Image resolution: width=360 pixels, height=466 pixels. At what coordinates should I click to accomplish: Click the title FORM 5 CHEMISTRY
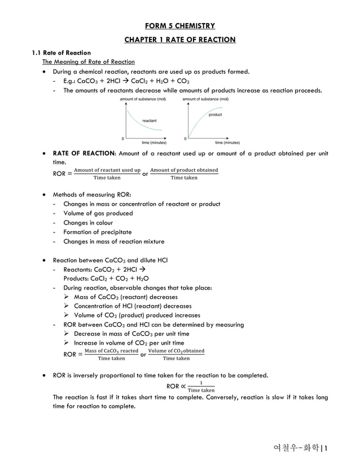pyautogui.click(x=179, y=26)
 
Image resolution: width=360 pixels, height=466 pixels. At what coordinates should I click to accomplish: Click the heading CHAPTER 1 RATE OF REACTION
pyautogui.click(x=179, y=39)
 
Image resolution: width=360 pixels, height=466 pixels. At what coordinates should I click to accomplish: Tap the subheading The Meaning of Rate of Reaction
pyautogui.click(x=89, y=62)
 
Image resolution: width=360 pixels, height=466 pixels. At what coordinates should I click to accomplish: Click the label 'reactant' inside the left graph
pyautogui.click(x=150, y=120)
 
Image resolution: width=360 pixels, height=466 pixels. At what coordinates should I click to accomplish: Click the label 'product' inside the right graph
pyautogui.click(x=215, y=115)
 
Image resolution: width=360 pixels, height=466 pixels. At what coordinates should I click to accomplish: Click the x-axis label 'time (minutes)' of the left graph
pyautogui.click(x=153, y=143)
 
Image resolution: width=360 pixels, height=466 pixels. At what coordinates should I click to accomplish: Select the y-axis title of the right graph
pyautogui.click(x=205, y=99)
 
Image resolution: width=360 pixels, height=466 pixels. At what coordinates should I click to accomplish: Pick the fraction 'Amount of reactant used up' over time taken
pyautogui.click(x=107, y=174)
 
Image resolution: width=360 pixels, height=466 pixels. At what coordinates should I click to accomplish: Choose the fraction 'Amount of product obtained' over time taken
pyautogui.click(x=184, y=174)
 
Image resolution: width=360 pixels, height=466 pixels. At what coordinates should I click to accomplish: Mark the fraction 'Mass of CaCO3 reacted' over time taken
pyautogui.click(x=111, y=354)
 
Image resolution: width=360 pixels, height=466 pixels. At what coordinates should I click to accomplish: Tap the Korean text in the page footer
pyautogui.click(x=295, y=449)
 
